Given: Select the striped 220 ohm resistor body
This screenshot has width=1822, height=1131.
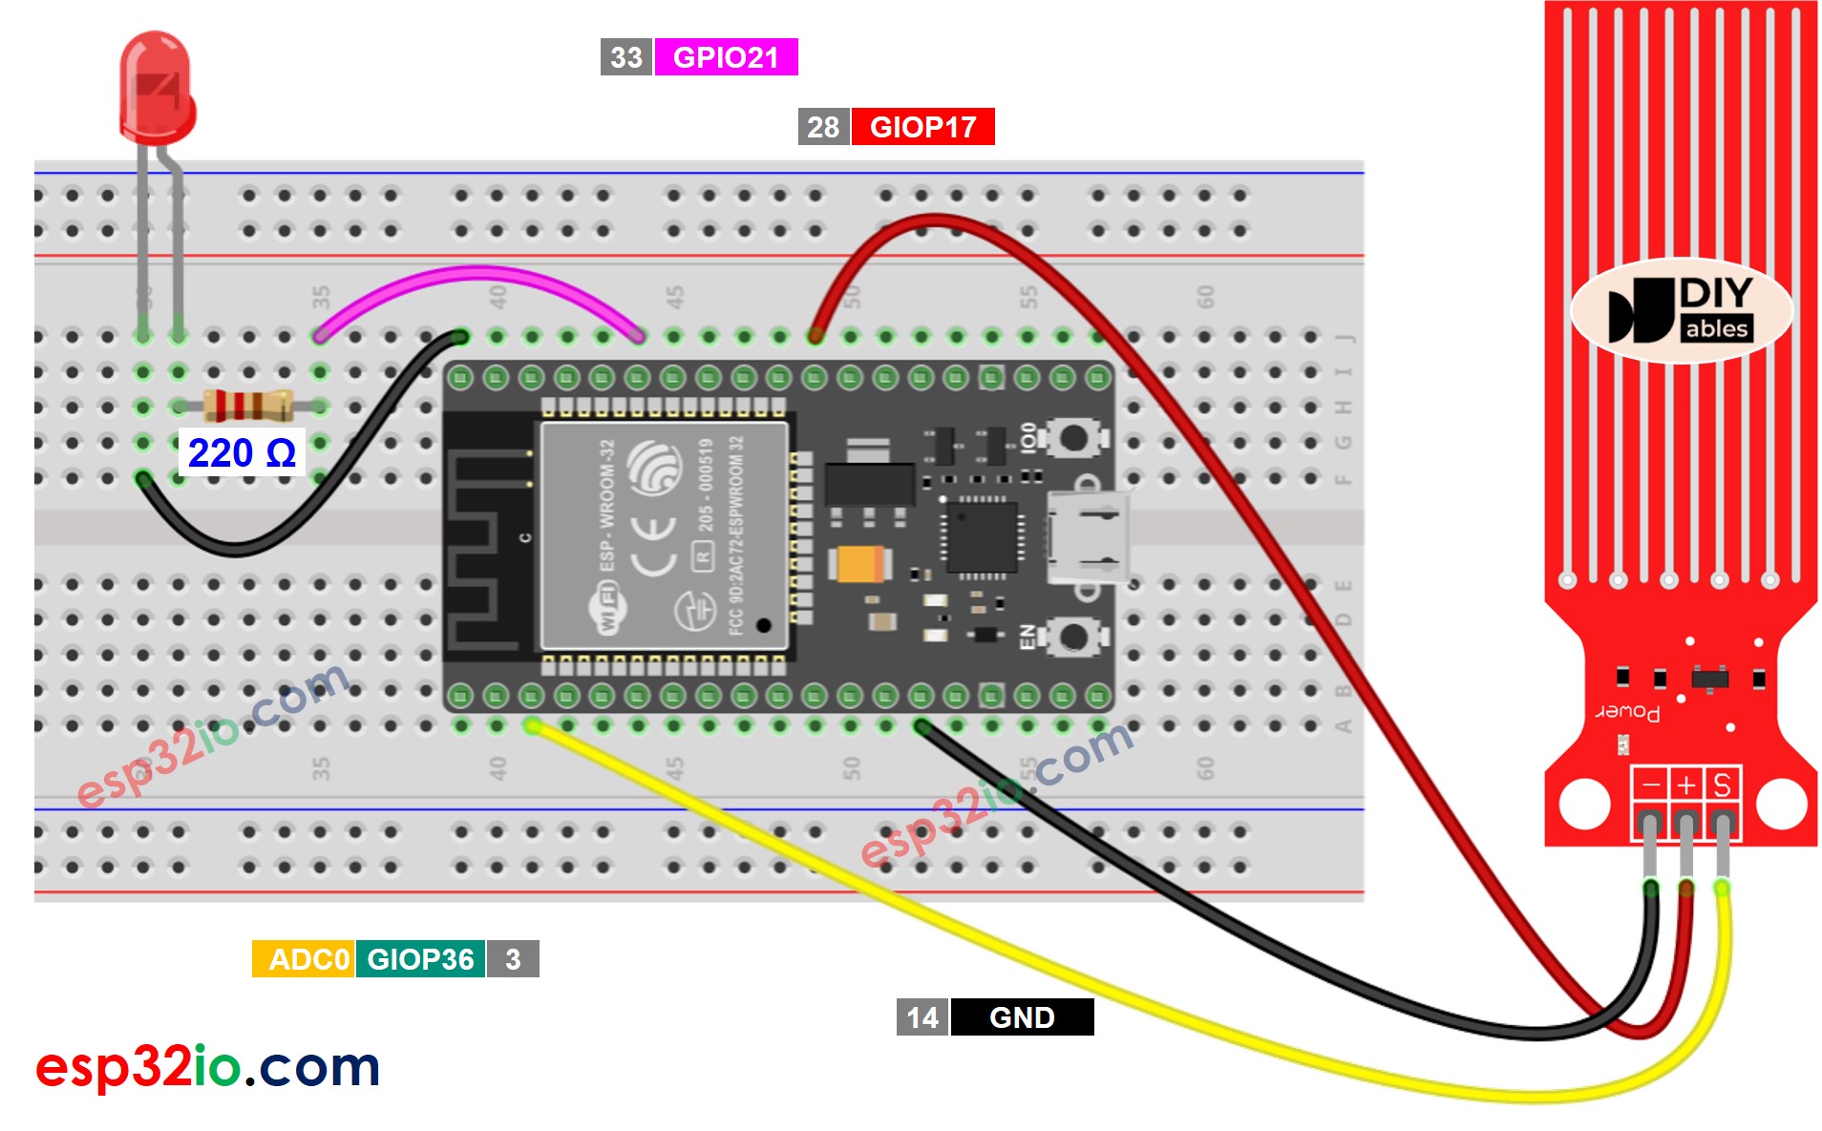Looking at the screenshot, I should (x=248, y=407).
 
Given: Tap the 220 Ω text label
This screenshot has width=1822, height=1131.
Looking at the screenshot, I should (x=242, y=453).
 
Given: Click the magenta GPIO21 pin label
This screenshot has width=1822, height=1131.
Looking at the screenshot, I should (x=726, y=57).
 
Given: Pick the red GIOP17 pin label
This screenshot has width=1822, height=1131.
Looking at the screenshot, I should (x=922, y=127).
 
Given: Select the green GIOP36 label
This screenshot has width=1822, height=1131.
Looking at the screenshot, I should (x=420, y=959).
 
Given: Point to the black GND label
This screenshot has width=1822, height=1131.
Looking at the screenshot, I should (x=1022, y=1017).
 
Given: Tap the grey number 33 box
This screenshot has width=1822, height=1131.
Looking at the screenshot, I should (x=626, y=57).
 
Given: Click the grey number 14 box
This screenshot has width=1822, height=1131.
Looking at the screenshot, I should (x=922, y=1017).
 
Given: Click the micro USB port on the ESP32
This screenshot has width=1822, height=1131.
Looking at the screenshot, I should (x=1089, y=537).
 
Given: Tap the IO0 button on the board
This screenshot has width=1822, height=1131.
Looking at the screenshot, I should (x=1073, y=438).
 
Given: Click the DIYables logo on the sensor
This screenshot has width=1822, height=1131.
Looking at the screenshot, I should (x=1682, y=310).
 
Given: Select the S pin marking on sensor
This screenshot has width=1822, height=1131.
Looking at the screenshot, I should (x=1722, y=785).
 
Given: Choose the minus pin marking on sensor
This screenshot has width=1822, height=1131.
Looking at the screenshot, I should (x=1650, y=785).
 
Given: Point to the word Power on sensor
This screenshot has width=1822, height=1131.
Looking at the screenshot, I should (x=1627, y=712).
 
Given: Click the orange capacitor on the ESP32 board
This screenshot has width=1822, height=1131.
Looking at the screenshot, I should (x=860, y=563).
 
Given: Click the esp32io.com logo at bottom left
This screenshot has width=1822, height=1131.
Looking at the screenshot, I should (x=208, y=1066).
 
